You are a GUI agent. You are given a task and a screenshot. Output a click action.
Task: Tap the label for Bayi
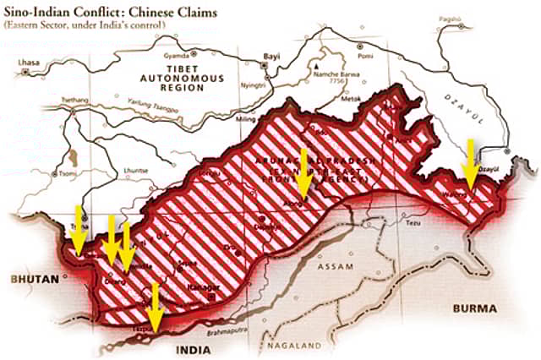tap(271, 55)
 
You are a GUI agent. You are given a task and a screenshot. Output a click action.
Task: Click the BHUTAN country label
tap(28, 277)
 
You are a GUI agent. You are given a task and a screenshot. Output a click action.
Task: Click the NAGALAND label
tap(292, 346)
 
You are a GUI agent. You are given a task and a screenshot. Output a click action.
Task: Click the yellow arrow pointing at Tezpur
tap(154, 308)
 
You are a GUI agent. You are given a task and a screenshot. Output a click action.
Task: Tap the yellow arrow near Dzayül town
tap(469, 165)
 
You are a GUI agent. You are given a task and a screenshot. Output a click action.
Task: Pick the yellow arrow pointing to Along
tap(303, 173)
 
